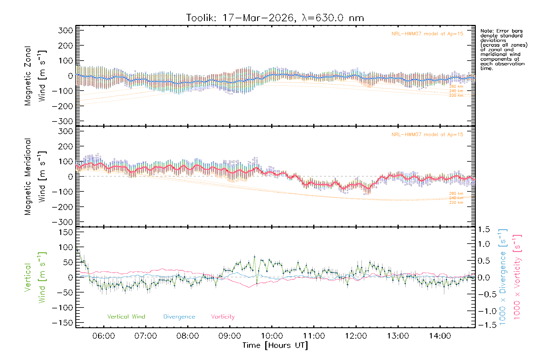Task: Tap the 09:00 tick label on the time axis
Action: click(x=229, y=336)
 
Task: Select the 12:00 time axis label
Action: click(x=356, y=336)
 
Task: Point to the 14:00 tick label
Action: click(x=440, y=336)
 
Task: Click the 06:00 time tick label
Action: click(x=103, y=336)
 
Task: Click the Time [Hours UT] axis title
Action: click(x=275, y=345)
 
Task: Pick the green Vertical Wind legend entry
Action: click(x=126, y=316)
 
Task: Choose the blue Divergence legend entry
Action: click(x=179, y=317)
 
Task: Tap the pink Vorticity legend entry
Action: click(x=223, y=316)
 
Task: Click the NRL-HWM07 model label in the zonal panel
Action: click(x=427, y=34)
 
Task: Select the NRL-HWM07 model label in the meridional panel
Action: click(x=427, y=135)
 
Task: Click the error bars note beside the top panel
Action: click(x=503, y=49)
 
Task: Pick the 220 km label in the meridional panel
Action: click(x=456, y=202)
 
